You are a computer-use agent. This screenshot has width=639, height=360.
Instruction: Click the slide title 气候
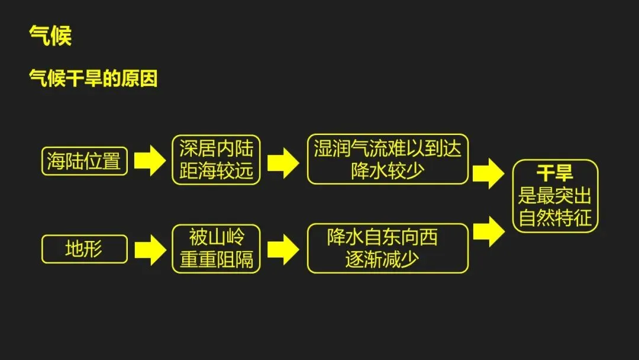50,36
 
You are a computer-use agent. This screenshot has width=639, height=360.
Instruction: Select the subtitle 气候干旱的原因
93,79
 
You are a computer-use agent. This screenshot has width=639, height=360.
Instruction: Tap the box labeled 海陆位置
84,160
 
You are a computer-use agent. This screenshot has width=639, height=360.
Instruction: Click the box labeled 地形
84,249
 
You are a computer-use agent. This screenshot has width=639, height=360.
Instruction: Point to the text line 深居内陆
216,149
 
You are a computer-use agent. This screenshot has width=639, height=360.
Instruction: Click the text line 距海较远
216,171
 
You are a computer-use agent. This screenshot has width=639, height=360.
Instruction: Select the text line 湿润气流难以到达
388,149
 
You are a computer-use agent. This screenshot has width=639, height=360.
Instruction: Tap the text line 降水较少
388,171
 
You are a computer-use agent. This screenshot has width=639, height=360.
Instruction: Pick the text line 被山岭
216,237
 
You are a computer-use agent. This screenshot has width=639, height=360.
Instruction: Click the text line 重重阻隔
216,260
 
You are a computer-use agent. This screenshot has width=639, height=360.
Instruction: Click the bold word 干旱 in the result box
554,173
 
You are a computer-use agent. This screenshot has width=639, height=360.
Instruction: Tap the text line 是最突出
554,195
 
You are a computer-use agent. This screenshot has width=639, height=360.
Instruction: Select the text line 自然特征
554,218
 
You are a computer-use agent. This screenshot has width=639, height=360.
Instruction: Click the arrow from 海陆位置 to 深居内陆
150,160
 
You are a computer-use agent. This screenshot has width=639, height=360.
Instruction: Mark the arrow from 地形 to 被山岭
150,249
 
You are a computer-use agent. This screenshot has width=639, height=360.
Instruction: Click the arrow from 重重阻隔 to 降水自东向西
283,249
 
